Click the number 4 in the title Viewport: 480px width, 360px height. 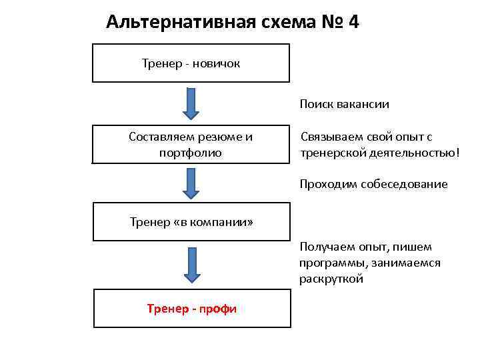(x=353, y=22)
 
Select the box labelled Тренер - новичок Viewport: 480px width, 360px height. (x=191, y=63)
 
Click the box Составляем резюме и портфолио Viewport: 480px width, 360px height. (x=191, y=144)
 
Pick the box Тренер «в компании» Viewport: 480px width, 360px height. (x=191, y=221)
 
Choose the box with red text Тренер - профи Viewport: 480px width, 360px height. (x=192, y=308)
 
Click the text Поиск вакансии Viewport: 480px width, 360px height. (x=344, y=104)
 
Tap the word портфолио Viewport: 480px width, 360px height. (x=191, y=153)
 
